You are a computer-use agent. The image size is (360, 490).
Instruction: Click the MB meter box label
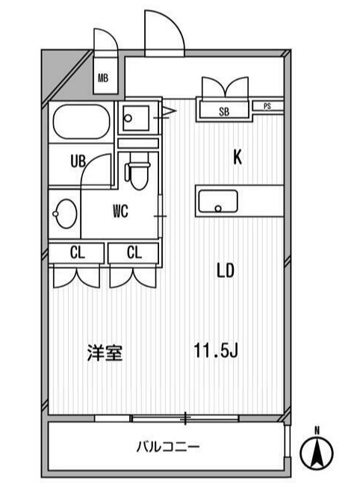tap(103, 78)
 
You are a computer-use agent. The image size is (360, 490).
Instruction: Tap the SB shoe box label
tap(224, 111)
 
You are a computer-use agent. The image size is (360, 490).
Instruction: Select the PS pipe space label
tap(267, 106)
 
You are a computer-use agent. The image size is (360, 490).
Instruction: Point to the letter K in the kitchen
tap(238, 157)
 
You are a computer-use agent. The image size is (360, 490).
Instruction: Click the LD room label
tap(226, 270)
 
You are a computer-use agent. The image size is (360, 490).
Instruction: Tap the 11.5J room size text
tap(216, 350)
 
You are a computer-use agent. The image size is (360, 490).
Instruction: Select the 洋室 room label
tap(105, 353)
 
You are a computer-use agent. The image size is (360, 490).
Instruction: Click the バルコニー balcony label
tap(168, 447)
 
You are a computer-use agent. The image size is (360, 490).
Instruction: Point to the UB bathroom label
tap(78, 161)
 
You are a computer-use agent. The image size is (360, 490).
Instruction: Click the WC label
tap(121, 211)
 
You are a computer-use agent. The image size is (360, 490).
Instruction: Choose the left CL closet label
tap(77, 252)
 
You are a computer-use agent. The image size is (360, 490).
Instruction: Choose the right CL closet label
tap(134, 252)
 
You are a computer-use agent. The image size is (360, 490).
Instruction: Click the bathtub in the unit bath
tap(81, 122)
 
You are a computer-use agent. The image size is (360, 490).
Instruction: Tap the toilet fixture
tap(137, 172)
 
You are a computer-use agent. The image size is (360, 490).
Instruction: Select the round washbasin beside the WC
tap(65, 214)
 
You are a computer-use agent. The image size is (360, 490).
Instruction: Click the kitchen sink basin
tap(218, 201)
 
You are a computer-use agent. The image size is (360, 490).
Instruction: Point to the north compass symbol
tap(317, 453)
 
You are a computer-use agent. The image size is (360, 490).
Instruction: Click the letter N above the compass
tap(317, 431)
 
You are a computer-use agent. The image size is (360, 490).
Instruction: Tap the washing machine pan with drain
tap(136, 118)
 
